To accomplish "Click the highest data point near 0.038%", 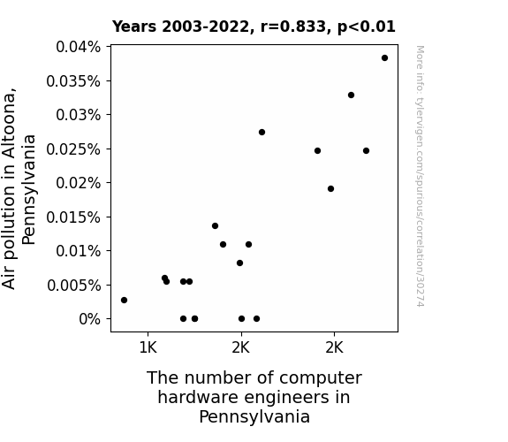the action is (x=384, y=58).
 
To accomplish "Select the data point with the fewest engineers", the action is (x=124, y=300).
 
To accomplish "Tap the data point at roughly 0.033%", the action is (x=352, y=95).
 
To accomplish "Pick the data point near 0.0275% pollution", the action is (x=262, y=132).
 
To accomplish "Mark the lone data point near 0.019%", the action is (x=330, y=188).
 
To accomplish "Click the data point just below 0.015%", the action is (x=215, y=225).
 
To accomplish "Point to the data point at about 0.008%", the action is (x=239, y=263).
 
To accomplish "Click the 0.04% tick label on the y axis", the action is (x=78, y=47).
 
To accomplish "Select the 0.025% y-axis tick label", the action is (x=73, y=149).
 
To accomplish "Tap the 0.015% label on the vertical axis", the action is (x=73, y=217).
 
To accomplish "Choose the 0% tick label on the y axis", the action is (x=90, y=319).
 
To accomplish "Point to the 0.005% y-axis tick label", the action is (x=74, y=286).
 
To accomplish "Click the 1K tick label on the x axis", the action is (x=148, y=348).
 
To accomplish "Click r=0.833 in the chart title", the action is (x=293, y=27).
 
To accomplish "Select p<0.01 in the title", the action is (x=367, y=27).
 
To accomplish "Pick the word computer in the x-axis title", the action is (x=321, y=377).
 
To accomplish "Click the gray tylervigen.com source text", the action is (x=420, y=176).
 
